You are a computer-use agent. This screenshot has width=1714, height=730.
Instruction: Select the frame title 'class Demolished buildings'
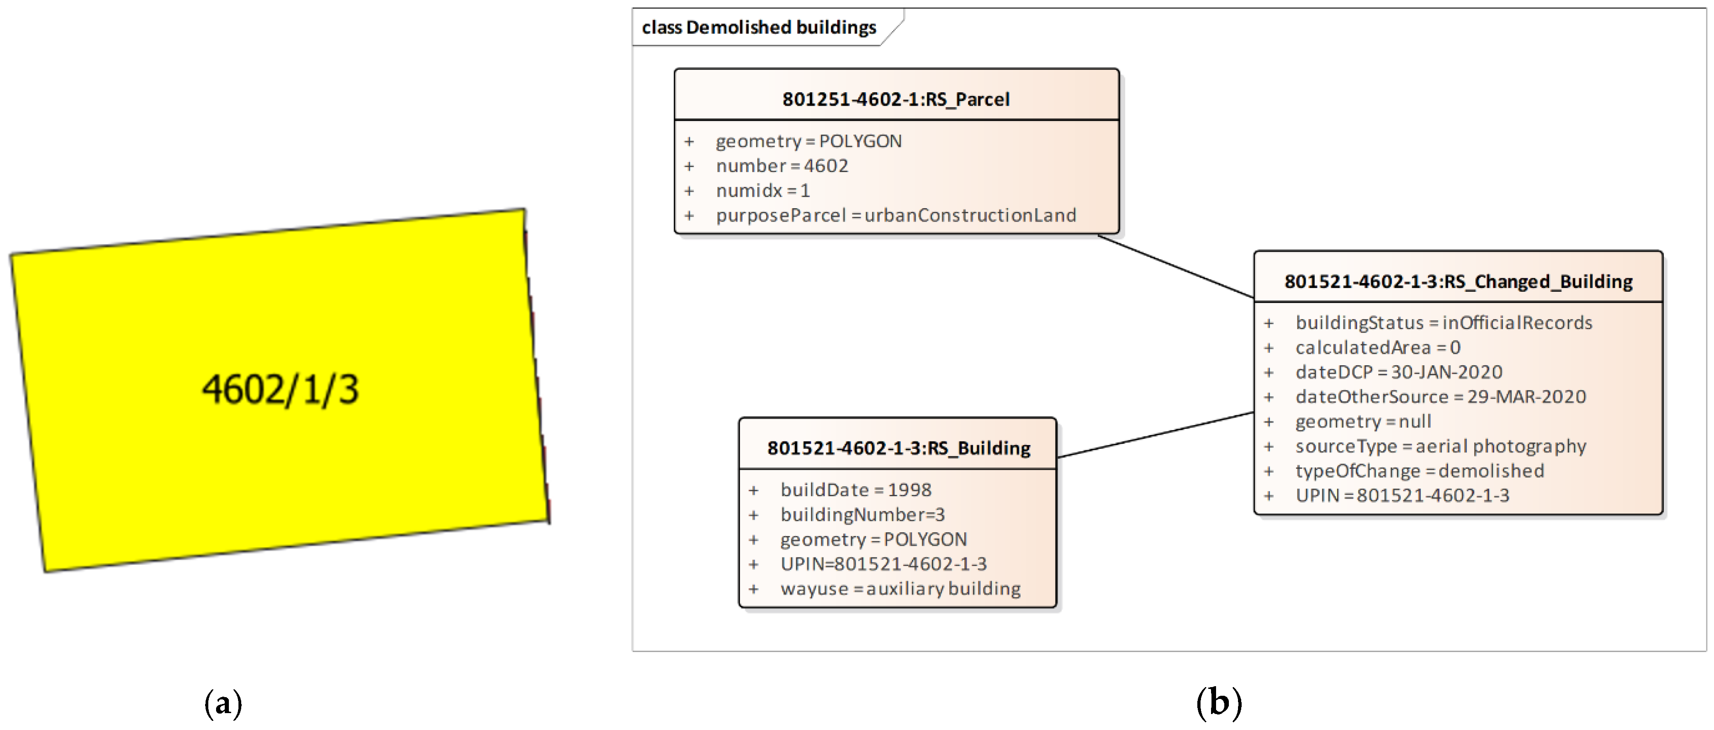point(758,27)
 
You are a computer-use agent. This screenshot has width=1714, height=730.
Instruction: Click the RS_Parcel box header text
point(895,99)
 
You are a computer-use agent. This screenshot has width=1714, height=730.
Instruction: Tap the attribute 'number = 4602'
point(782,166)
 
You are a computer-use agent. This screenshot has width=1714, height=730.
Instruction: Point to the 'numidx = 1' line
point(762,191)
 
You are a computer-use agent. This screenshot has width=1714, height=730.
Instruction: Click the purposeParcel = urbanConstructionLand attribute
point(895,215)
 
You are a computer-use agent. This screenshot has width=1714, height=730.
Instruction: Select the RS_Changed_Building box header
point(1458,281)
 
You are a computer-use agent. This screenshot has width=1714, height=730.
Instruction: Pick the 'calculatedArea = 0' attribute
point(1377,348)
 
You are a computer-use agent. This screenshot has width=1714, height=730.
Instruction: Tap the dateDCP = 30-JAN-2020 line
point(1399,373)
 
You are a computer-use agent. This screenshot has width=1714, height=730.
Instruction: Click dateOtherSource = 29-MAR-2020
point(1440,397)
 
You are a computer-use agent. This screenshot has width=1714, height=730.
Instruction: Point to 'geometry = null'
point(1363,421)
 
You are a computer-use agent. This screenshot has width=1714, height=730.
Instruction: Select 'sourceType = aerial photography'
point(1440,446)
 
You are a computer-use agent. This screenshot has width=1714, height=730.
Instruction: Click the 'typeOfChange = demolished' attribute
point(1419,471)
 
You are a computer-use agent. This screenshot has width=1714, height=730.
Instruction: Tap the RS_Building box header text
point(898,448)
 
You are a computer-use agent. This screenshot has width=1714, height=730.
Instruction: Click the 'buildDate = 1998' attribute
point(856,490)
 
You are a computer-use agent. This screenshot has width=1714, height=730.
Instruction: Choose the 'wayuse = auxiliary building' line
point(900,589)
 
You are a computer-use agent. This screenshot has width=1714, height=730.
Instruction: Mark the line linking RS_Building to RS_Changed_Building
point(1156,435)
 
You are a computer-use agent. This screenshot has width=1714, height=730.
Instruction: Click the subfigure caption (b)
point(1218,702)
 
